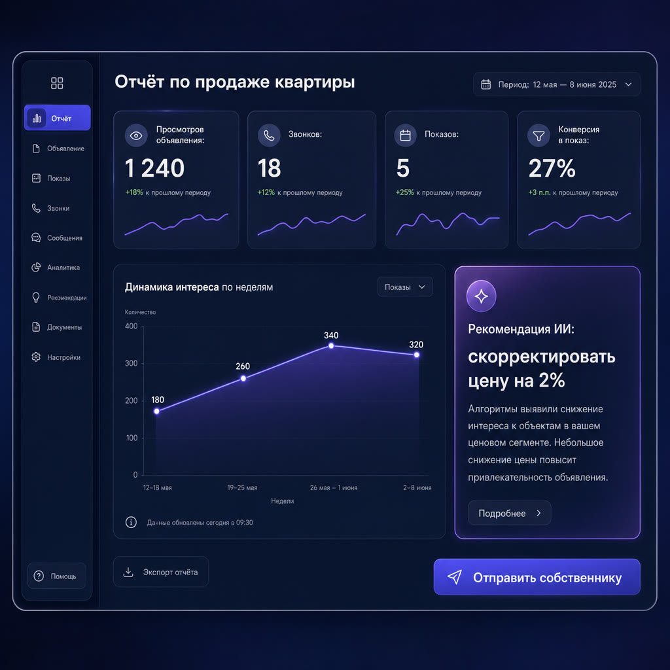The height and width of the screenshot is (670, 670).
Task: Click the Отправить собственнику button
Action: point(537,577)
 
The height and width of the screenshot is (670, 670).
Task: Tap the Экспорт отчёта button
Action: point(161,572)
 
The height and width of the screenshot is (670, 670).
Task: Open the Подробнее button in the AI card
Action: point(509,513)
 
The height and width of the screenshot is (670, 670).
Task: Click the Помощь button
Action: point(57,576)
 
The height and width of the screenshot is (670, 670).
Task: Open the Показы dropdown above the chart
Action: point(405,287)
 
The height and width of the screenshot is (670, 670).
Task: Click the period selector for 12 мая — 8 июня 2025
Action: point(556,84)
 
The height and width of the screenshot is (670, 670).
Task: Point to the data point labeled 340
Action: point(331,345)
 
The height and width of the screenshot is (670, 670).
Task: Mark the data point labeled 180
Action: point(157,411)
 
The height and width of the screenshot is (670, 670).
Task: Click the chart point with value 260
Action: point(243,378)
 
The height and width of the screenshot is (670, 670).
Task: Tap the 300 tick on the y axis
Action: point(131,363)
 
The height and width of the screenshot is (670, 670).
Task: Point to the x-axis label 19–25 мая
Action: point(242,487)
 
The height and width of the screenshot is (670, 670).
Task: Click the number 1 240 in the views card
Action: point(154,168)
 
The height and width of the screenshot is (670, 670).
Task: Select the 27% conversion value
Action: point(552,168)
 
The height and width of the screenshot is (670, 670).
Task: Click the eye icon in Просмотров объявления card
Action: point(136,135)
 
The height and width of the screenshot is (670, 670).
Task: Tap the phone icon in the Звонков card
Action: point(269,135)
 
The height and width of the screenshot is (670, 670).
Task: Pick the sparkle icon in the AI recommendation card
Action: point(481,296)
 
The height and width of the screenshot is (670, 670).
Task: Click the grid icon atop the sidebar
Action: point(57,83)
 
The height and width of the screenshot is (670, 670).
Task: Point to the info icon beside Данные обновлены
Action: point(131,522)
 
